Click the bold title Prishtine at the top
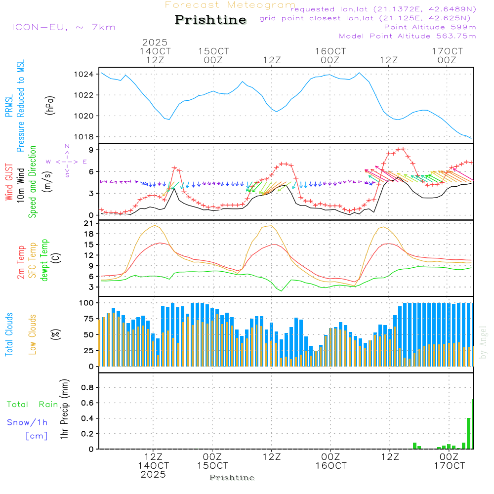(210, 20)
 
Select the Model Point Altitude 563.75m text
(407, 36)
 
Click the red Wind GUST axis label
(9, 183)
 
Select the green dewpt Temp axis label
(44, 260)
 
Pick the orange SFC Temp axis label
(33, 260)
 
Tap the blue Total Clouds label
(9, 334)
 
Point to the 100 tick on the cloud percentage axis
(87, 302)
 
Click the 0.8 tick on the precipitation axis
(87, 387)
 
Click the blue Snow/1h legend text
(28, 422)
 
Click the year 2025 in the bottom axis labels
(153, 475)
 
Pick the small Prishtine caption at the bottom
(232, 478)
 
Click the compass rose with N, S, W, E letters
(67, 162)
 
